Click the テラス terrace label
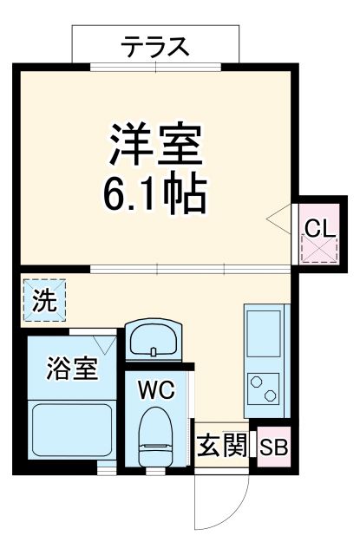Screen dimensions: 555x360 click(x=154, y=46)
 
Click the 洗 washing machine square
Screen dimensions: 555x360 click(x=42, y=300)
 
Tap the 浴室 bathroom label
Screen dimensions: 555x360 click(x=71, y=369)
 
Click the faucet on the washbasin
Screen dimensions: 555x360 click(x=154, y=351)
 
